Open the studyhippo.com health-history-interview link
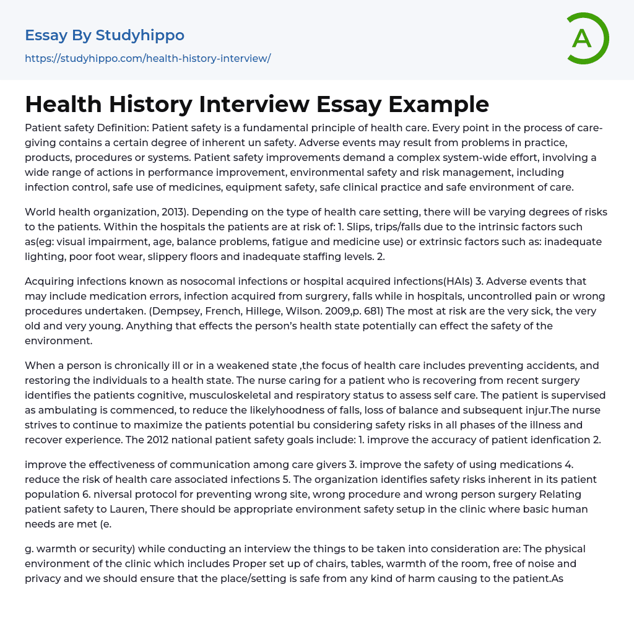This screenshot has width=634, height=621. [147, 58]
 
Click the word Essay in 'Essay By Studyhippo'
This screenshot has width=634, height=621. [46, 35]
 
